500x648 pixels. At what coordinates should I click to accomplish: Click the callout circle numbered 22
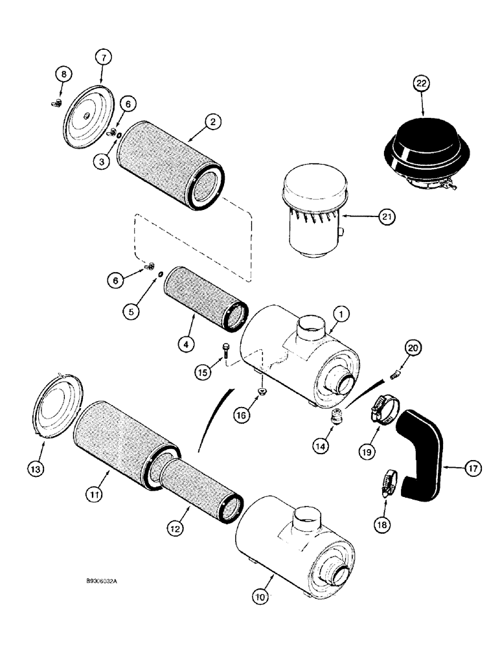422,85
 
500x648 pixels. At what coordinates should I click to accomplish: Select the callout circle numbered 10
264,593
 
